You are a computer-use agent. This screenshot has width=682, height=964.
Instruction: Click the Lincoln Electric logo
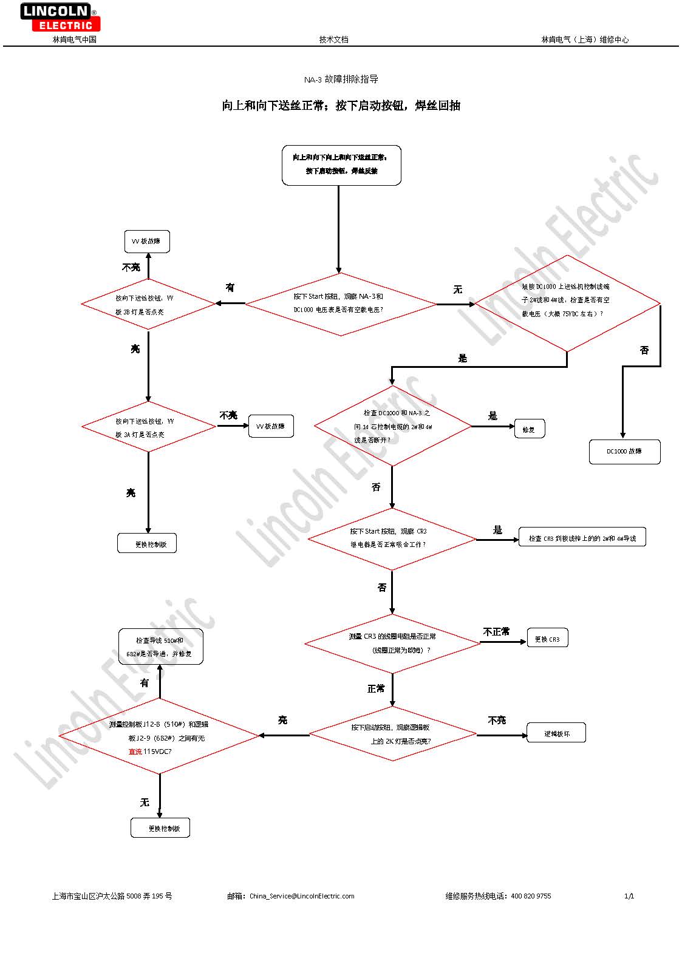click(60, 17)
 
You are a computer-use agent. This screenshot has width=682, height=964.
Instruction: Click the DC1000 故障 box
click(624, 452)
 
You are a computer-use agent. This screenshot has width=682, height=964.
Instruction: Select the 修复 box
click(529, 429)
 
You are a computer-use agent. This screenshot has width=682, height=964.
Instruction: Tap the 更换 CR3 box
click(547, 639)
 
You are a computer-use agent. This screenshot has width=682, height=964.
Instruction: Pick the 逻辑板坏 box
click(556, 733)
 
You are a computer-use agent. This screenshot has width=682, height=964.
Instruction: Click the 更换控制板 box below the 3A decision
click(147, 544)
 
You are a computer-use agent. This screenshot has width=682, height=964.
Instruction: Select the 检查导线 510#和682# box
click(160, 647)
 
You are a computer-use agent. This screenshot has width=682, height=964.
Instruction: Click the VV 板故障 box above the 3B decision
click(146, 242)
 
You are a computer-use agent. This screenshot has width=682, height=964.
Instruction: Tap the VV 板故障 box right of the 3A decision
click(271, 426)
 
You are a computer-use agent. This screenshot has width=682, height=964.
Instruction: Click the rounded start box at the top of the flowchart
click(341, 165)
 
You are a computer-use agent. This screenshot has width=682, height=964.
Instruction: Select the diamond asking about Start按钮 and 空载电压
click(340, 303)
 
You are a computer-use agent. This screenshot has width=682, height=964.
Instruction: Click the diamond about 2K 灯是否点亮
click(392, 734)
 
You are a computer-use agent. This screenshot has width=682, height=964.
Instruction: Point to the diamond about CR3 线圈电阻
click(392, 643)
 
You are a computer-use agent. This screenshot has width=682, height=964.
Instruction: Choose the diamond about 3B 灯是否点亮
click(148, 304)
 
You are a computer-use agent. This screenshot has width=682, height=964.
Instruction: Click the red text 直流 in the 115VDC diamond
click(135, 752)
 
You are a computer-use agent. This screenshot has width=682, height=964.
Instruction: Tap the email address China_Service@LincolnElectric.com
click(302, 896)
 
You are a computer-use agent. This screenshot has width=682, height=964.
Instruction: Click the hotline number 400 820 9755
click(531, 896)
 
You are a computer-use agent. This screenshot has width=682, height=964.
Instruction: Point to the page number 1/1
click(629, 896)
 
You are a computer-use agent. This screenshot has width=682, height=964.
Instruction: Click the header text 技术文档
click(334, 39)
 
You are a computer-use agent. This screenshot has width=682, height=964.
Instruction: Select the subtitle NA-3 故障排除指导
click(341, 80)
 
